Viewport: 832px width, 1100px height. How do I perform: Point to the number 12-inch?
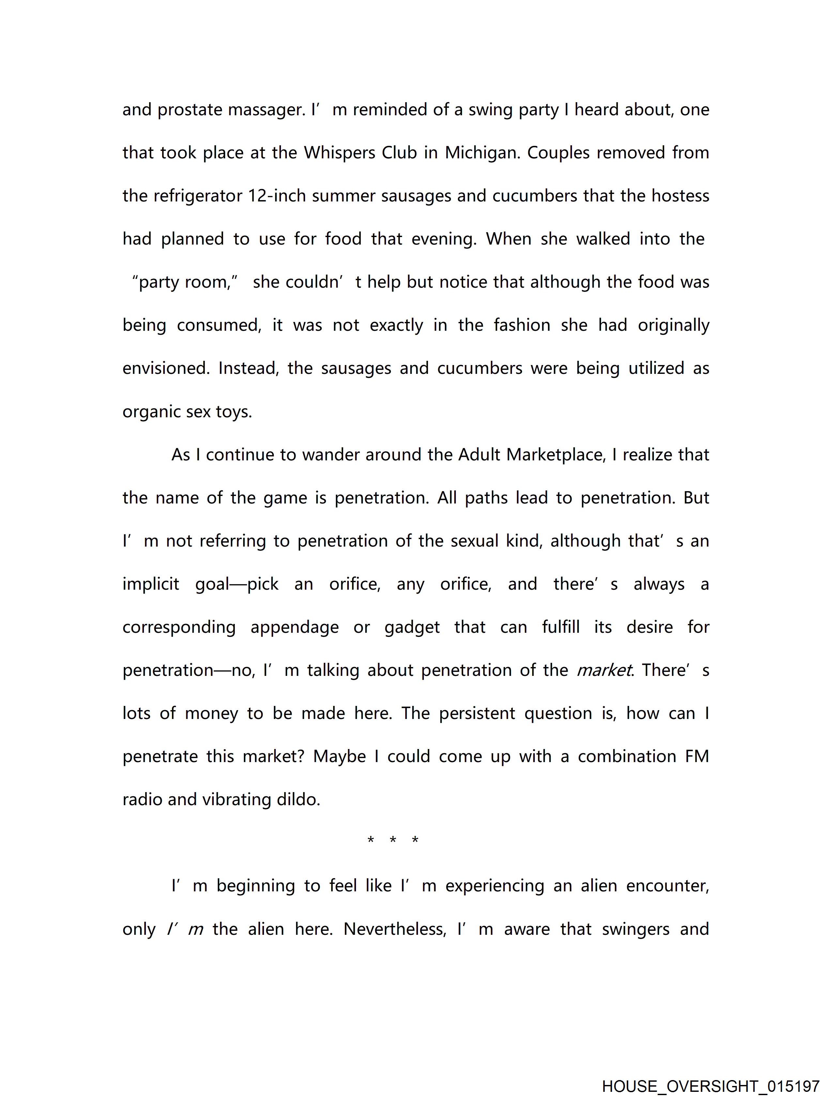pyautogui.click(x=276, y=196)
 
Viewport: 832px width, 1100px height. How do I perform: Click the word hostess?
pyautogui.click(x=680, y=196)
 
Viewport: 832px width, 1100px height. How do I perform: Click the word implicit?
pyautogui.click(x=151, y=584)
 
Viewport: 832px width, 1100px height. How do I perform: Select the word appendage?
pyautogui.click(x=294, y=627)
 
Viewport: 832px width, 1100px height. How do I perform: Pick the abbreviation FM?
pyautogui.click(x=697, y=757)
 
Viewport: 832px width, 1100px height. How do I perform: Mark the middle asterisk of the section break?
pyautogui.click(x=393, y=840)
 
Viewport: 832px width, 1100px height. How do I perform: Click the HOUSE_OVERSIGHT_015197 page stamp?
pyautogui.click(x=710, y=1086)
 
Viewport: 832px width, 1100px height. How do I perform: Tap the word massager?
pyautogui.click(x=267, y=110)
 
